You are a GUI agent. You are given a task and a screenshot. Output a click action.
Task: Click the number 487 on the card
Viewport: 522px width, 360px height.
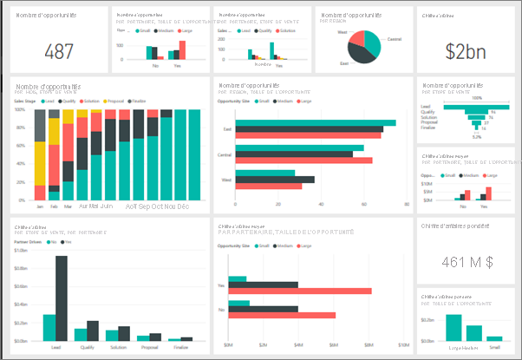click(58, 51)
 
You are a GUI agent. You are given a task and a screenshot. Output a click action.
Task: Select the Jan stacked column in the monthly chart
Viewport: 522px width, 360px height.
click(40, 156)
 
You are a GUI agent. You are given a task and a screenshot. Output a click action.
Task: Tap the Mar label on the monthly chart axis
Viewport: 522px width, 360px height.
click(68, 207)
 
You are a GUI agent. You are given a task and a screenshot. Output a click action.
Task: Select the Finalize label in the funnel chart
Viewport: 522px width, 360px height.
click(427, 135)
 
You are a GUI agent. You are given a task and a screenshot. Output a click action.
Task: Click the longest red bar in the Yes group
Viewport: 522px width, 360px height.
click(303, 291)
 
